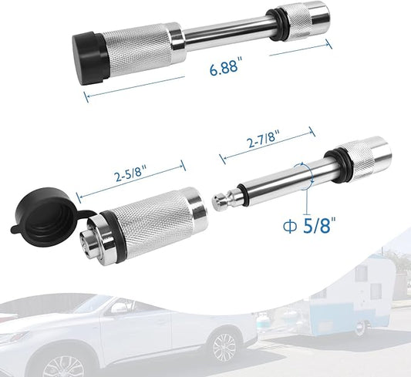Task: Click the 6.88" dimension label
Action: tap(224, 66)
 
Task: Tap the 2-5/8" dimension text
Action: tap(131, 173)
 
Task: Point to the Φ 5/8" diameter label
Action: tap(310, 225)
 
